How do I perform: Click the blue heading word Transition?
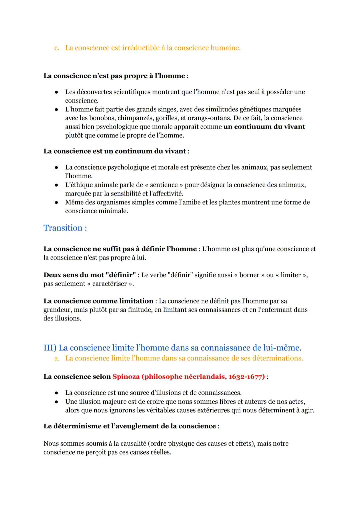pyautogui.click(x=63, y=228)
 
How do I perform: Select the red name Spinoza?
pyautogui.click(x=126, y=376)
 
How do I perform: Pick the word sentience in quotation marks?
pyautogui.click(x=164, y=185)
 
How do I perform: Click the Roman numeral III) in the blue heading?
pyautogui.click(x=50, y=348)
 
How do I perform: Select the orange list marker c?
pyautogui.click(x=57, y=48)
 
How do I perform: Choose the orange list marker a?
pyautogui.click(x=57, y=358)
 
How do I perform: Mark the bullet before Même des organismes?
pyautogui.click(x=57, y=202)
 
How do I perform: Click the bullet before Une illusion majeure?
pyautogui.click(x=57, y=401)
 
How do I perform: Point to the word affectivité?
pyautogui.click(x=167, y=193)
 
